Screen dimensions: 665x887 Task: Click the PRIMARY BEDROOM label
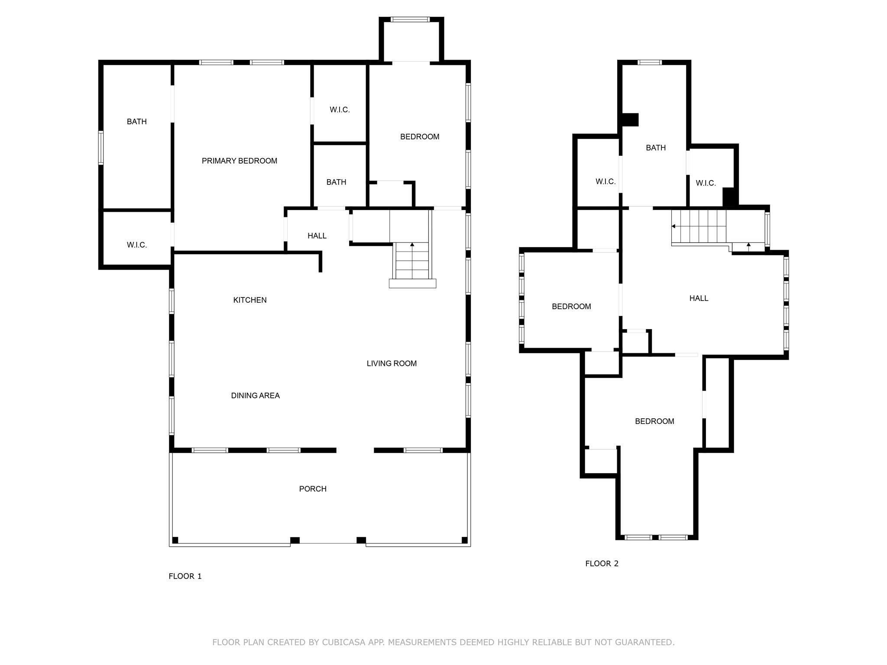(x=239, y=161)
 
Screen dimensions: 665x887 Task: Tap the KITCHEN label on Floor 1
(x=250, y=300)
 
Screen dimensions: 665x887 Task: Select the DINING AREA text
(x=255, y=395)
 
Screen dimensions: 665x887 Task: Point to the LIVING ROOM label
(x=392, y=364)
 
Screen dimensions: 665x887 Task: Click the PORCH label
(x=313, y=489)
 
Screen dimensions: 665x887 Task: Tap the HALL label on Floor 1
(x=317, y=236)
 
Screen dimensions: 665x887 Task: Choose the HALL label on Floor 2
(x=699, y=298)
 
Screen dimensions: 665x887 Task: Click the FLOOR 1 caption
(x=185, y=576)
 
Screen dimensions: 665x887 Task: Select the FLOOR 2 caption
(x=602, y=564)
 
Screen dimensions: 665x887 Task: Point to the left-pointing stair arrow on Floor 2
(x=674, y=226)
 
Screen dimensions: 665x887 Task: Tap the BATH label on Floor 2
(x=656, y=148)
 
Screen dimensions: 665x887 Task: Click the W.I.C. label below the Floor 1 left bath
(x=137, y=245)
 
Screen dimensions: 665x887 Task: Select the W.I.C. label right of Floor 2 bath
(x=706, y=183)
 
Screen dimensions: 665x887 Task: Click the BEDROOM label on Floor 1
(x=419, y=137)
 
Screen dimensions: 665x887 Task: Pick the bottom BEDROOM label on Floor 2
(x=654, y=421)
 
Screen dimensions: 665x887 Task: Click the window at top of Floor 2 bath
(x=650, y=62)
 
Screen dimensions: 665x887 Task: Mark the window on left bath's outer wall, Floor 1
(x=101, y=148)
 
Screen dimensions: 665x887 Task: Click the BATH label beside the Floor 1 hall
(x=336, y=182)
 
